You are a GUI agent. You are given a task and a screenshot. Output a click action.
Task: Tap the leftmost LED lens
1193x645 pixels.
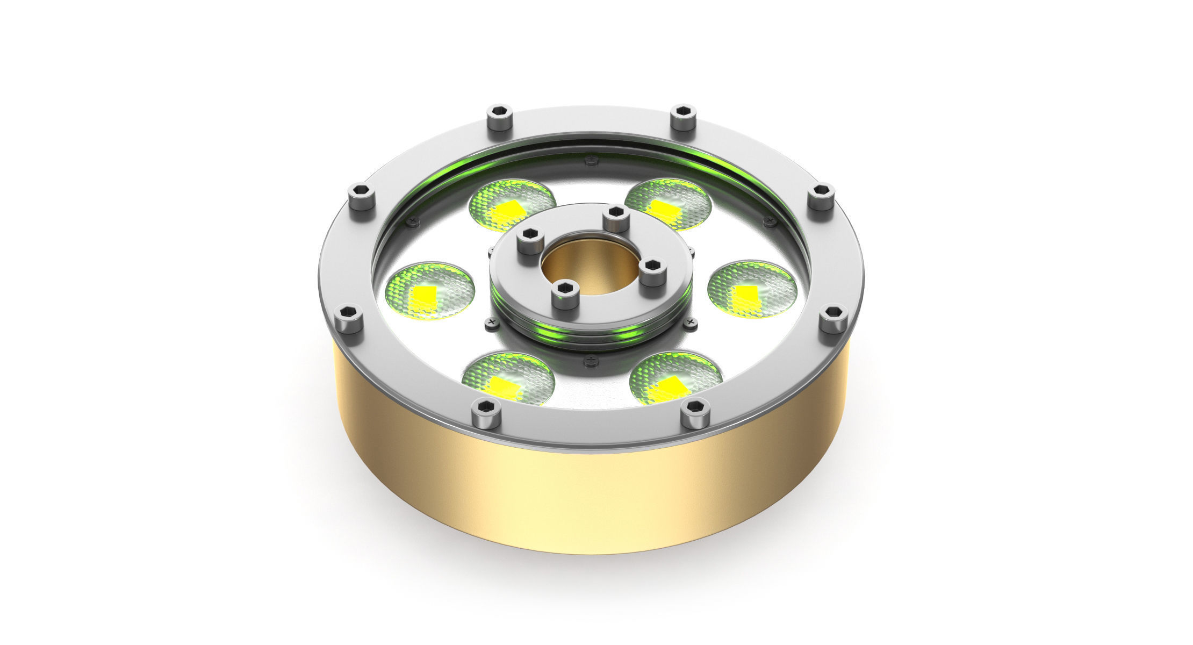430,291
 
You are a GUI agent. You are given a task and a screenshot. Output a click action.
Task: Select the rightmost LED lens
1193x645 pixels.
752,290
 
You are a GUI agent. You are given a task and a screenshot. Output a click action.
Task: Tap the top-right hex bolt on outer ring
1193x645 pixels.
684,117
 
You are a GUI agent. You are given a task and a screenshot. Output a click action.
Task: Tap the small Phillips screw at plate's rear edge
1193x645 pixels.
591,159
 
